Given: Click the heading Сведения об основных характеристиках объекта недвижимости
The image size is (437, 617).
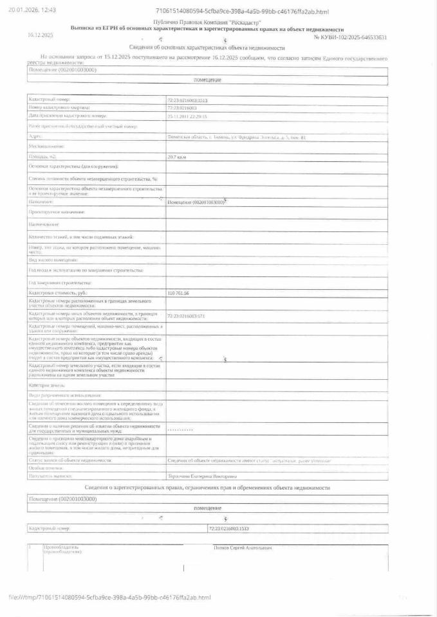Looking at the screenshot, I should [207, 48].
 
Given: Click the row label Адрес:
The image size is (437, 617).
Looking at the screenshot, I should [36, 136].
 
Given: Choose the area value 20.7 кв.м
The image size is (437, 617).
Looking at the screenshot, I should [176, 157].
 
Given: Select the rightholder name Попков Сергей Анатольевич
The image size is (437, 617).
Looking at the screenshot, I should [243, 548].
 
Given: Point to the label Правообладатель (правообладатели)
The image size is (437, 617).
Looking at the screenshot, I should [63, 550].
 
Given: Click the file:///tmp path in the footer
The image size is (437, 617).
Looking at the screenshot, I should [110, 598].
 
